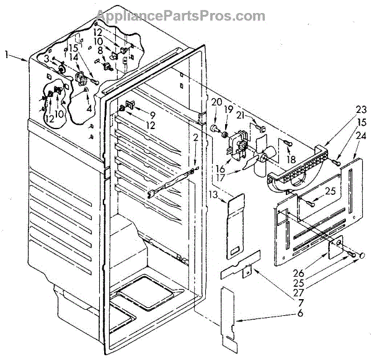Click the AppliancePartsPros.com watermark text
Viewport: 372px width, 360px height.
tap(186, 15)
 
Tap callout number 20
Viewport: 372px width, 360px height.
tap(216, 101)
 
